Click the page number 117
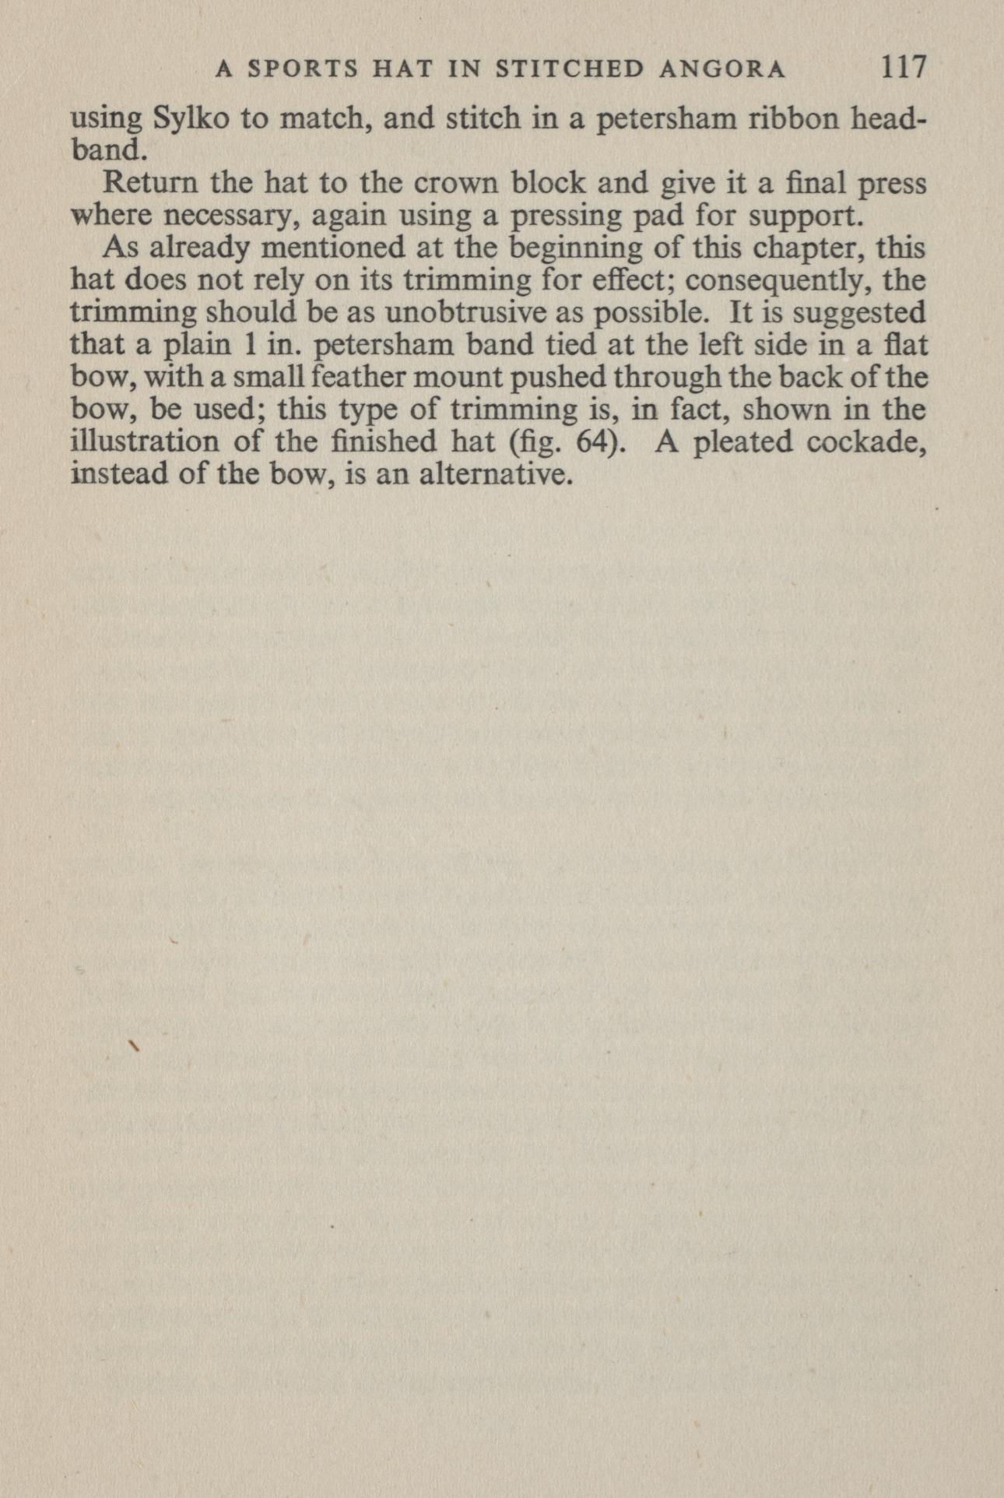click(904, 68)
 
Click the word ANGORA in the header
click(722, 70)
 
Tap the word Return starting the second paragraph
click(149, 184)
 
